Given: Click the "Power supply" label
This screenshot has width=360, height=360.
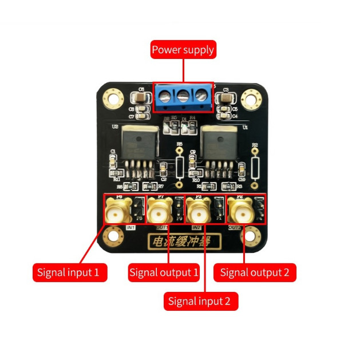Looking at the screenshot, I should [183, 50].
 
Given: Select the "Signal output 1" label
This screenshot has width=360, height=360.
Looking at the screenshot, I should [164, 272].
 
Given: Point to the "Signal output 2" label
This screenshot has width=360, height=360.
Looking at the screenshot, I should [255, 272].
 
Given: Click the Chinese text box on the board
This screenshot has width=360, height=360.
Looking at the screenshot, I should [179, 242].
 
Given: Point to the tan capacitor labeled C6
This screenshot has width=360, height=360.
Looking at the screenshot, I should [141, 97].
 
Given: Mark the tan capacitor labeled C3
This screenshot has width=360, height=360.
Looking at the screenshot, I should [225, 97].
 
